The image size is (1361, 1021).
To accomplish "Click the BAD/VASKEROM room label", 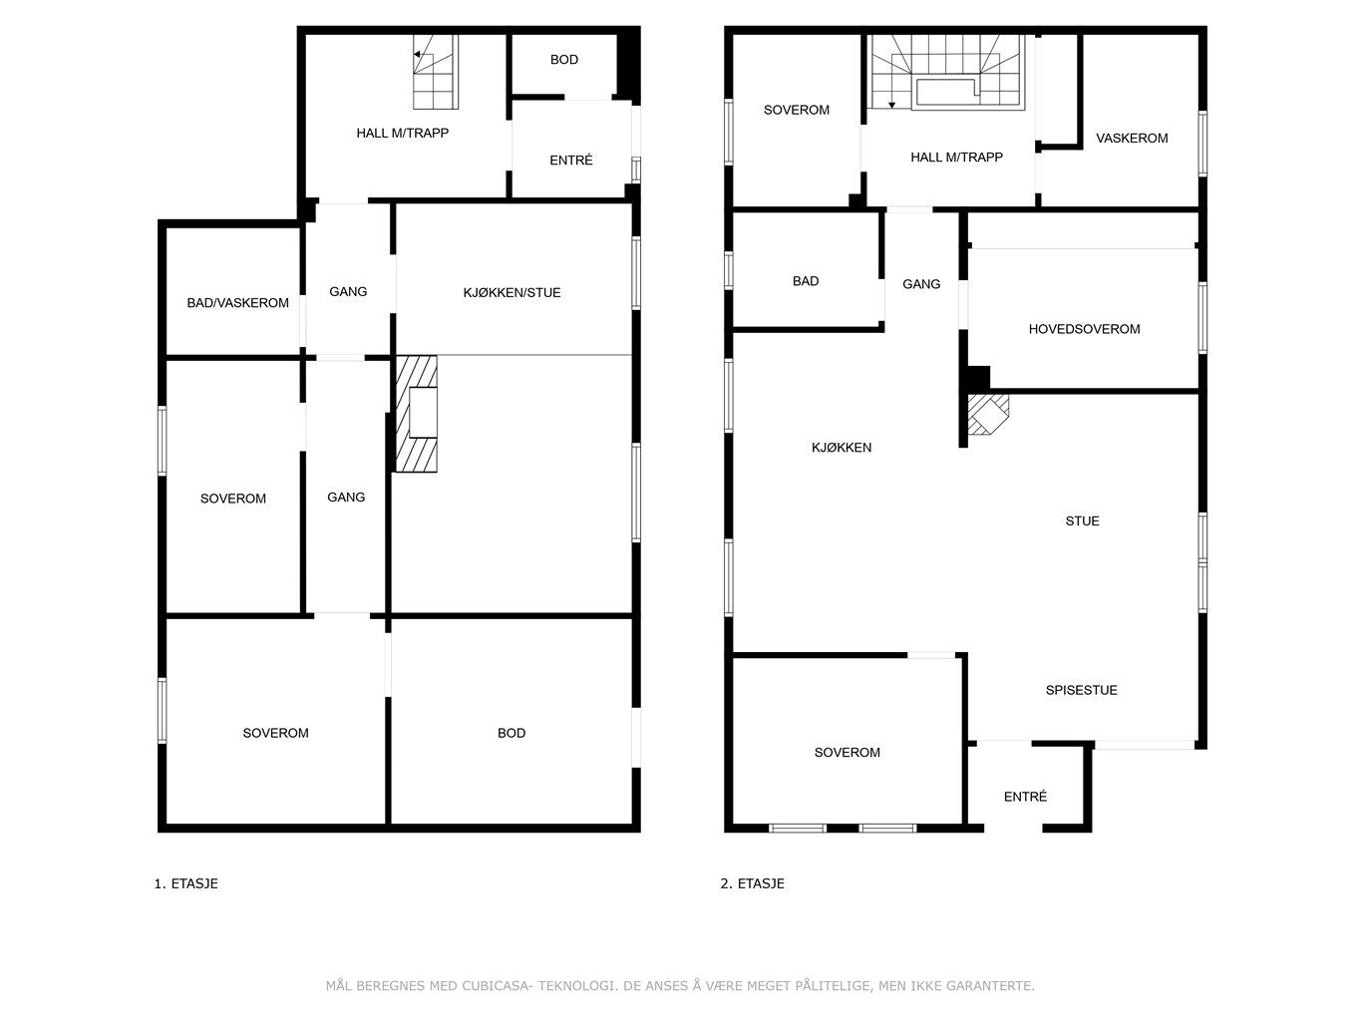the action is (238, 303).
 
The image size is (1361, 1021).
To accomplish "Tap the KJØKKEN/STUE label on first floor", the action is (511, 292).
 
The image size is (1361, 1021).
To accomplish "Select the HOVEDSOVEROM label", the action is (1084, 329).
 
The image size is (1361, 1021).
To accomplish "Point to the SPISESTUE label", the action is (1082, 690).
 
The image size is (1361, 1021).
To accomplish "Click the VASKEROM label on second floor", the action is (1132, 139).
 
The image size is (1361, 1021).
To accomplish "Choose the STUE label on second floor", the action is (1082, 521).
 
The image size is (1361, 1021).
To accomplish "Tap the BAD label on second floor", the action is (806, 281).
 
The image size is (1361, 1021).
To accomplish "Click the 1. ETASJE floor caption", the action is (186, 883).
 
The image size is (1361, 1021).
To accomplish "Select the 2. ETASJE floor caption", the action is (752, 883).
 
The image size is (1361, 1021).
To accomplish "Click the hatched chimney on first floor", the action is (417, 414).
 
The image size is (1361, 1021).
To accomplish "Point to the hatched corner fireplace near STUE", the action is (988, 414).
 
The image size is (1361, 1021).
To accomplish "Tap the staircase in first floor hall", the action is (436, 72).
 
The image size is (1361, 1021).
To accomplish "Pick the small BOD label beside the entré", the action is (564, 60).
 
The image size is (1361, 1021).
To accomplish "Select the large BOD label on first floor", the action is (511, 734).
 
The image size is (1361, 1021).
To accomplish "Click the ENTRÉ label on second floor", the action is (1025, 797).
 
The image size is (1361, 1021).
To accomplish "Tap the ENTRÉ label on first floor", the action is (571, 160).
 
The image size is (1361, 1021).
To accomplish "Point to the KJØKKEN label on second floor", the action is (842, 448).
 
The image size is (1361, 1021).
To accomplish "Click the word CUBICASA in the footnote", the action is (496, 986).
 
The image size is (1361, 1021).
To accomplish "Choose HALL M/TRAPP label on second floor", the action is (957, 158).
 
